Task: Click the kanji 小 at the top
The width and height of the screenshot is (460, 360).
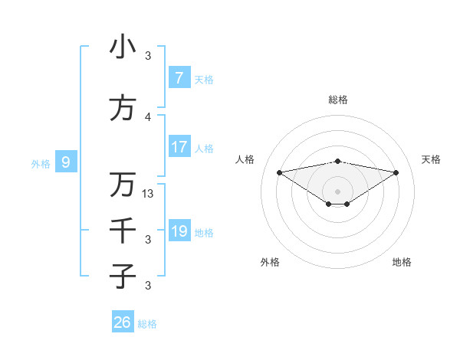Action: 123,47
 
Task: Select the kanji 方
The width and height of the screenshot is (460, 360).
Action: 123,109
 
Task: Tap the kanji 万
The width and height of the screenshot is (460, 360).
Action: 123,185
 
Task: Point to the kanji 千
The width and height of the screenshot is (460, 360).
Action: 123,231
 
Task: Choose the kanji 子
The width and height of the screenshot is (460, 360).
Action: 123,276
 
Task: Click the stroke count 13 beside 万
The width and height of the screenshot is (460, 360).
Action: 148,194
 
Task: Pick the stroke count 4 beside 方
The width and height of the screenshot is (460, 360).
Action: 148,117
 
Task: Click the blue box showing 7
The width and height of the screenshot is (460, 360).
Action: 179,77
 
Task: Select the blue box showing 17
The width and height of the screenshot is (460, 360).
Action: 179,146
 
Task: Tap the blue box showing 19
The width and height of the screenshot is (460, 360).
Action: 179,231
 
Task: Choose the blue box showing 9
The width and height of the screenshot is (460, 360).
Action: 66,162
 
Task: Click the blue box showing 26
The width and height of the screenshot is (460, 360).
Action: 122,322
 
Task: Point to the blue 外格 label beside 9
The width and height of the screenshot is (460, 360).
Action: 40,163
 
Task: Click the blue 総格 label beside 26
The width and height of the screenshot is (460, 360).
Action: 147,324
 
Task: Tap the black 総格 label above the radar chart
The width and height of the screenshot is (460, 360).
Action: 337,100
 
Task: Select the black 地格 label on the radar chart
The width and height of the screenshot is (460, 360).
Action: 402,262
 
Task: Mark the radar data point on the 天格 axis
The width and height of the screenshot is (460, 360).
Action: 396,172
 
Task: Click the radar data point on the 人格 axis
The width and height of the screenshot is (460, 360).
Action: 279,172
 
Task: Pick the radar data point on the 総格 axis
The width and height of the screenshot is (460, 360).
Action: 337,161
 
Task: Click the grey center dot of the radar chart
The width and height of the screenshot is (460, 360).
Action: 337,190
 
